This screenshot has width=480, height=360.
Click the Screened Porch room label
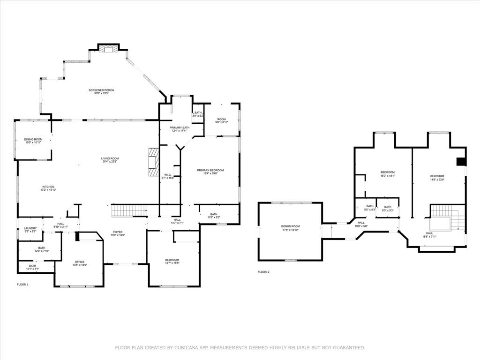[101, 90]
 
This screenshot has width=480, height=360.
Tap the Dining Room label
[33, 139]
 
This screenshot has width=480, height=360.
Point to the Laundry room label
[30, 228]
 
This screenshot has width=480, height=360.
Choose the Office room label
[79, 262]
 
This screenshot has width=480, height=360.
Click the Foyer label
[118, 232]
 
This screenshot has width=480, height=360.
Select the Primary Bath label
[180, 127]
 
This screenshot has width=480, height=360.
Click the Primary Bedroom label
[207, 170]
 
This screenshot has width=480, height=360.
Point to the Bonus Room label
[290, 226]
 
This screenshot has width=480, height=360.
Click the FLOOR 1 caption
[23, 285]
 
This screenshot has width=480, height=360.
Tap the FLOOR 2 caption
[263, 272]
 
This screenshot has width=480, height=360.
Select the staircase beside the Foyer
[129, 211]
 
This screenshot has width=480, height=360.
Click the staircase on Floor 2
[448, 218]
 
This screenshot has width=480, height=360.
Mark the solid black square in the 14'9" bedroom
[461, 162]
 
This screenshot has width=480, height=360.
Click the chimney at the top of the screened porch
[109, 48]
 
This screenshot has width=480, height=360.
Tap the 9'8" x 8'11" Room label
[221, 120]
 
